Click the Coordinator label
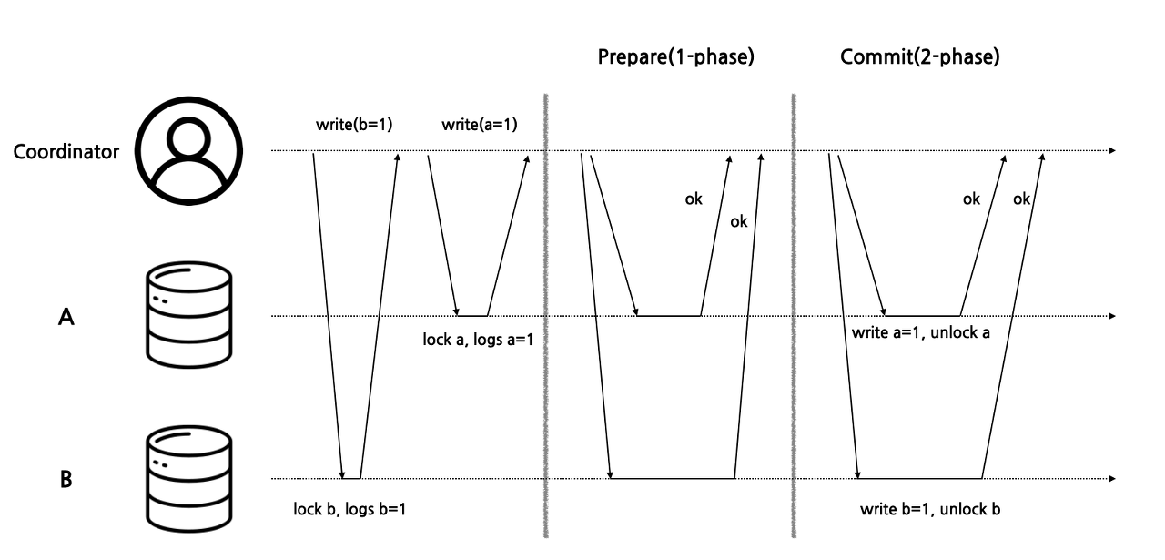click(66, 152)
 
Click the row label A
click(66, 317)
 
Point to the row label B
click(66, 479)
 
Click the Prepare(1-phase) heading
click(676, 57)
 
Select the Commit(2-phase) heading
click(919, 57)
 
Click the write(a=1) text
click(479, 124)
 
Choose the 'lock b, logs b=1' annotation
click(349, 509)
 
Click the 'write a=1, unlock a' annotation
click(921, 333)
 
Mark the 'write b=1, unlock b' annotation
click(930, 509)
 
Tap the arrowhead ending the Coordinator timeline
click(1111, 150)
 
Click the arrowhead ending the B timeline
click(1111, 478)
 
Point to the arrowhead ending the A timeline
click(1111, 316)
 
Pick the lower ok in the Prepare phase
click(738, 221)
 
